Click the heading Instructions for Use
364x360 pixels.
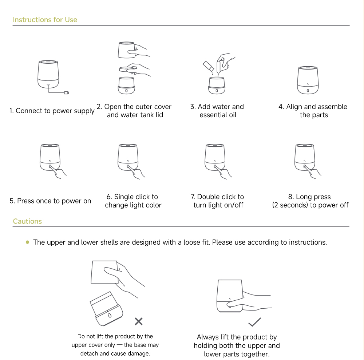point(45,20)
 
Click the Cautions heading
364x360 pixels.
point(27,221)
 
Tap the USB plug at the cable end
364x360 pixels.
point(66,93)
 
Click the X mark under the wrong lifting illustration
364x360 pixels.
point(138,321)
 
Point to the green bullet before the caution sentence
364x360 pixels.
point(27,242)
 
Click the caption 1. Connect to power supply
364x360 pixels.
point(52,111)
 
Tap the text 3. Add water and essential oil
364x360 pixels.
point(217,111)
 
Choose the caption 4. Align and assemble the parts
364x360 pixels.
point(313,111)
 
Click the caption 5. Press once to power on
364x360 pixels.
point(50,201)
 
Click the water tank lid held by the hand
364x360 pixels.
point(126,69)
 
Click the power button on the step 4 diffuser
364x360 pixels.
point(308,91)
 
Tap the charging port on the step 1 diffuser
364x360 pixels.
point(48,86)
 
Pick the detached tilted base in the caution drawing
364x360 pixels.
point(106,309)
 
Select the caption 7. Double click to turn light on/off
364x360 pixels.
point(217,201)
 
